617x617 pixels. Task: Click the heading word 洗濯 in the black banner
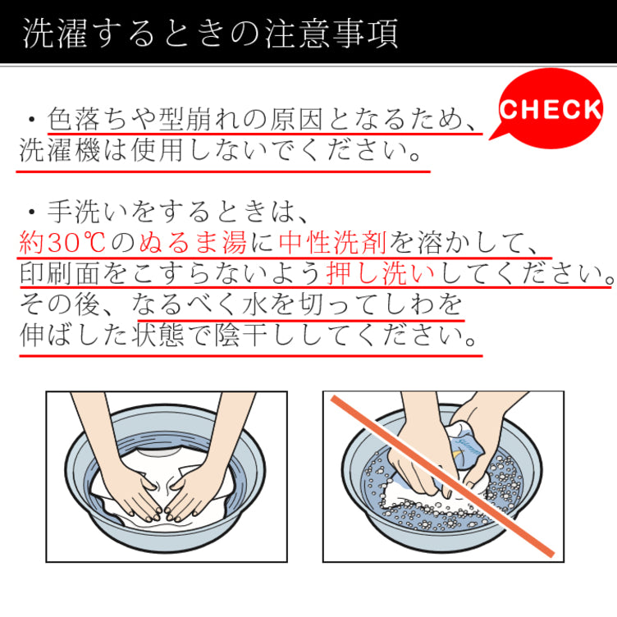(54, 34)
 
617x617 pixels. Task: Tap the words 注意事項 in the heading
(331, 34)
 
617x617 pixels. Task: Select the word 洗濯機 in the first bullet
(60, 150)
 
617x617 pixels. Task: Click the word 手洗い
(87, 212)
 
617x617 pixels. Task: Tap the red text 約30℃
(62, 242)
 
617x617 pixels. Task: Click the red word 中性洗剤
(333, 242)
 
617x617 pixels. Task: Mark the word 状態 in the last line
(158, 336)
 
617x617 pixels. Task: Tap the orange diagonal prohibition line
(443, 476)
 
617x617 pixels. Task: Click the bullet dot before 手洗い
(32, 213)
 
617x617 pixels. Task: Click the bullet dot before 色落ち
(32, 119)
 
